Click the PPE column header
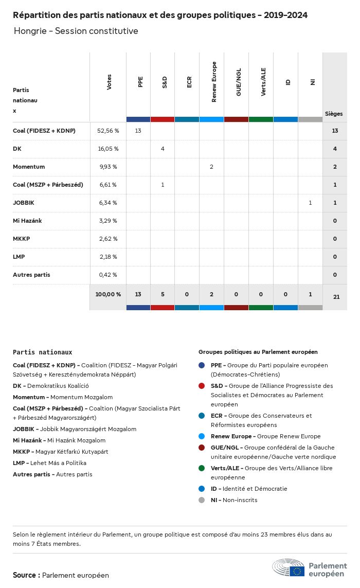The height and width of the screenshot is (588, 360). (x=140, y=82)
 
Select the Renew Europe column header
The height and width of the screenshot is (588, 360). (x=214, y=82)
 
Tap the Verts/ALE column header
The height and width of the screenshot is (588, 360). (x=263, y=82)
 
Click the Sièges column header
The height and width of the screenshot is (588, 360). (x=334, y=114)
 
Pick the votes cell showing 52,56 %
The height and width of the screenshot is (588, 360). (x=108, y=131)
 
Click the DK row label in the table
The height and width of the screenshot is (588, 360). (x=16, y=149)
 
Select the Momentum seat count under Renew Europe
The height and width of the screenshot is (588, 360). (x=211, y=167)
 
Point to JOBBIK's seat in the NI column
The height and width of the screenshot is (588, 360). (x=310, y=203)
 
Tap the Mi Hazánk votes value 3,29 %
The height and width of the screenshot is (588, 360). (x=107, y=221)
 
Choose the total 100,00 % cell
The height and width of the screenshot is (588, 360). (x=108, y=294)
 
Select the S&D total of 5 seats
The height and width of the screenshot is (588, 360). (x=163, y=294)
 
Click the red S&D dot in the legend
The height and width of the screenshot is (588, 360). (x=202, y=386)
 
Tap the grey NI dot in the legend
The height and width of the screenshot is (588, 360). (x=202, y=500)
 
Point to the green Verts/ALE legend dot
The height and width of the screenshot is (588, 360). (x=202, y=468)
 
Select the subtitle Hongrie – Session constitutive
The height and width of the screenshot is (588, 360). (x=76, y=31)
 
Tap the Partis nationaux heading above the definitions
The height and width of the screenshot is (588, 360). (x=43, y=352)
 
